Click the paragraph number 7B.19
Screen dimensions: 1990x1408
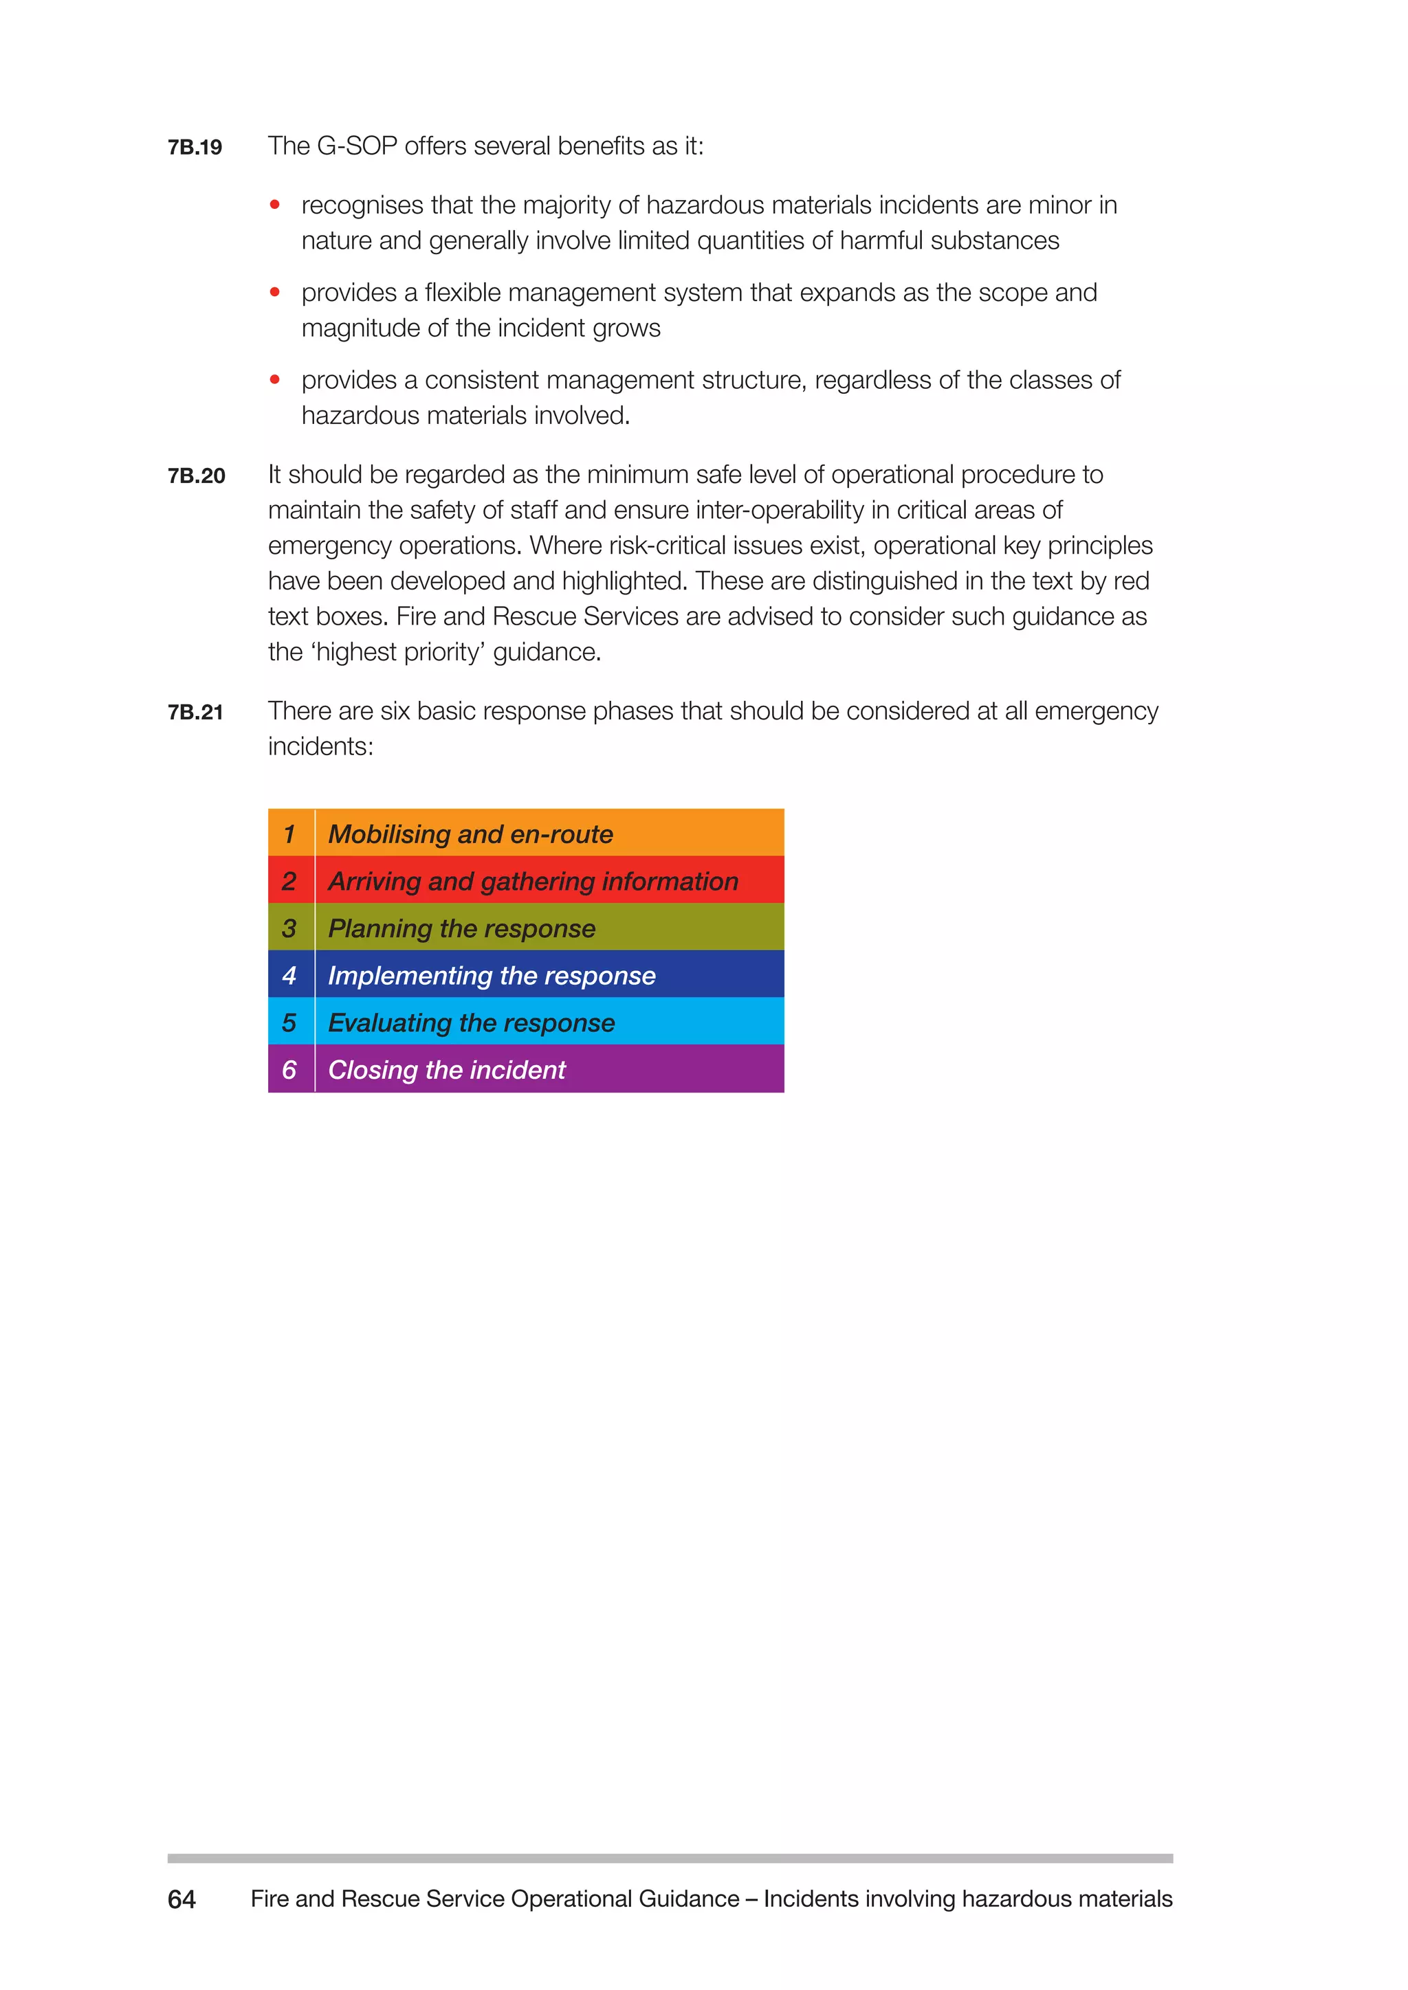195,147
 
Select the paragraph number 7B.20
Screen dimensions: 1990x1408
197,476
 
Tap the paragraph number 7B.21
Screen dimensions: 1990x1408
196,713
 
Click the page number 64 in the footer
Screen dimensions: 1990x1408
182,1899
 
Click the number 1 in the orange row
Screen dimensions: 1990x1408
289,834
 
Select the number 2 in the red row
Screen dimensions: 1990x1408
289,881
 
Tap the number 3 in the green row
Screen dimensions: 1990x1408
289,928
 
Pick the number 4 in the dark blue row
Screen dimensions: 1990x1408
289,975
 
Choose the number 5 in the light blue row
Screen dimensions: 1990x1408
289,1022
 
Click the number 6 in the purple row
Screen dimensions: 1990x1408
289,1069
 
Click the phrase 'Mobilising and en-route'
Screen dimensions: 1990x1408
470,834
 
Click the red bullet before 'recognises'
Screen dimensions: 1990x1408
275,205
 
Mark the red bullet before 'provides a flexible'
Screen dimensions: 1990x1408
275,292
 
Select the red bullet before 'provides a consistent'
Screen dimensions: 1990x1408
275,379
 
